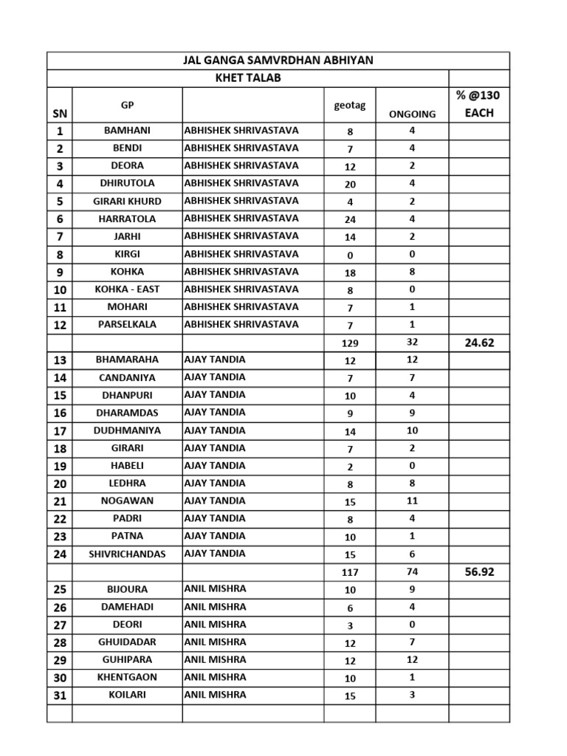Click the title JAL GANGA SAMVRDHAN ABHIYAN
[x=278, y=60]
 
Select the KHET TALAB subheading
[x=248, y=78]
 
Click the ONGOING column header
[x=412, y=114]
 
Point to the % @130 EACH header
[x=478, y=104]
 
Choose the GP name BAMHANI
[x=127, y=131]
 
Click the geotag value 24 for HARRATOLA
[x=350, y=219]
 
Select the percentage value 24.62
[x=478, y=343]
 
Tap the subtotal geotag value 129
[x=350, y=343]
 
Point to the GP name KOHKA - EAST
[x=127, y=289]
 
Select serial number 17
[x=60, y=430]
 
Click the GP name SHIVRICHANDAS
[x=127, y=554]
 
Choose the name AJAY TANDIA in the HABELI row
[x=215, y=465]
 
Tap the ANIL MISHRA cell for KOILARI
[x=215, y=695]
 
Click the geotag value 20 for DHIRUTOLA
[x=350, y=184]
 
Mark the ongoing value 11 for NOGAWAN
[x=412, y=501]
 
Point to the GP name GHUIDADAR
[x=127, y=642]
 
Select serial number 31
[x=60, y=695]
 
